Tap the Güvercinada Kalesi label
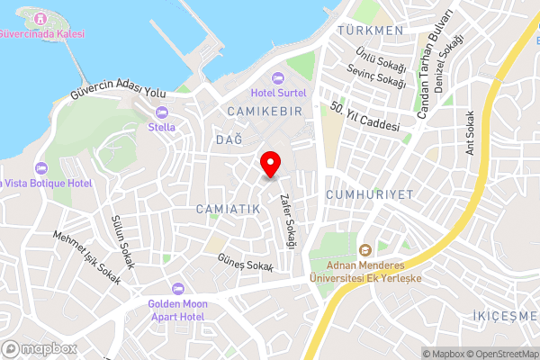point(42,33)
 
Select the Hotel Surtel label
point(279,92)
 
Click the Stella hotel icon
point(162,112)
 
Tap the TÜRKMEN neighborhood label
point(370,31)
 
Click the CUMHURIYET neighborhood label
point(368,194)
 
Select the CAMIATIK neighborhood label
point(228,208)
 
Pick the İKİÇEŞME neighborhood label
point(504,316)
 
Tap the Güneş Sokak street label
point(244,262)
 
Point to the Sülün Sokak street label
point(121,242)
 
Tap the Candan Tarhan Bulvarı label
point(432,66)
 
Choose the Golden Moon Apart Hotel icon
point(177,288)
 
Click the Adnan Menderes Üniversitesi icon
point(365,249)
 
